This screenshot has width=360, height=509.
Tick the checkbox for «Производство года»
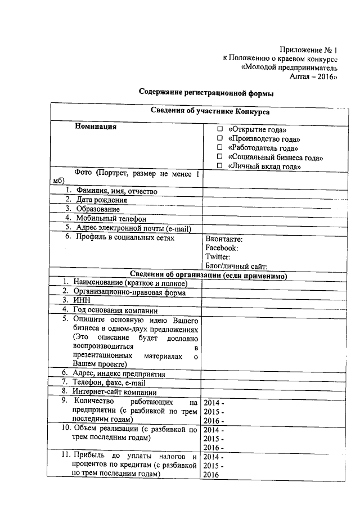(220, 139)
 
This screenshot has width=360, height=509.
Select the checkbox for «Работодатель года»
(220, 148)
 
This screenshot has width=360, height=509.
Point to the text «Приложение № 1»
(309, 49)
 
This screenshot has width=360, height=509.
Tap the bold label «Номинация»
(96, 127)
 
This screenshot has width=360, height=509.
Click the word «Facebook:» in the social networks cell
(222, 247)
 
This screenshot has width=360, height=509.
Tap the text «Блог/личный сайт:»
(236, 266)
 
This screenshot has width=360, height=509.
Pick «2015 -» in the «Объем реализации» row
(214, 438)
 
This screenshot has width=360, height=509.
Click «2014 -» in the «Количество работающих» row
(214, 403)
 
